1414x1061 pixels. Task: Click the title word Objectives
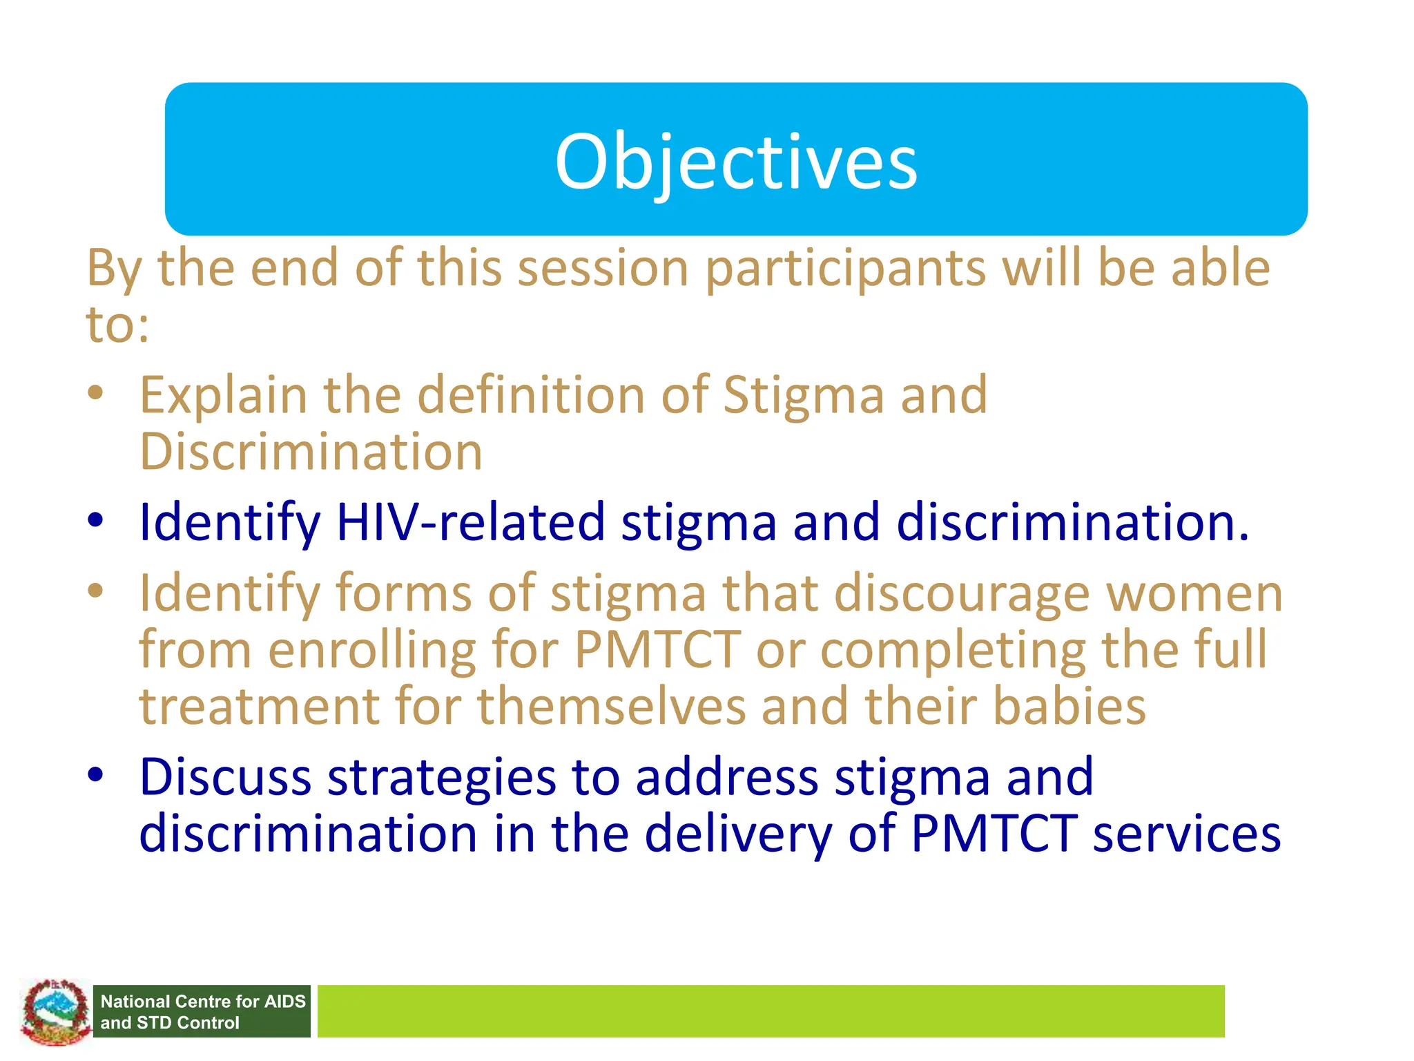point(736,162)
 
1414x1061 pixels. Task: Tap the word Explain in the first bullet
point(223,396)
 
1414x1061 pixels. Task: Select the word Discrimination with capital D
point(311,452)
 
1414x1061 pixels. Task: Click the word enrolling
point(371,651)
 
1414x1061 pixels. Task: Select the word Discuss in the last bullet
point(225,778)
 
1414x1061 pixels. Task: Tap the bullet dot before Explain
point(95,393)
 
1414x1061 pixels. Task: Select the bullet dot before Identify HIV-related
point(95,520)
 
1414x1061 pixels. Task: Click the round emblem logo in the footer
point(55,1012)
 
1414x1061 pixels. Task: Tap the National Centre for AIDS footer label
point(202,1011)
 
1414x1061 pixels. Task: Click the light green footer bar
point(770,1011)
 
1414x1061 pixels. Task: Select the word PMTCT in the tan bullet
point(657,651)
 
